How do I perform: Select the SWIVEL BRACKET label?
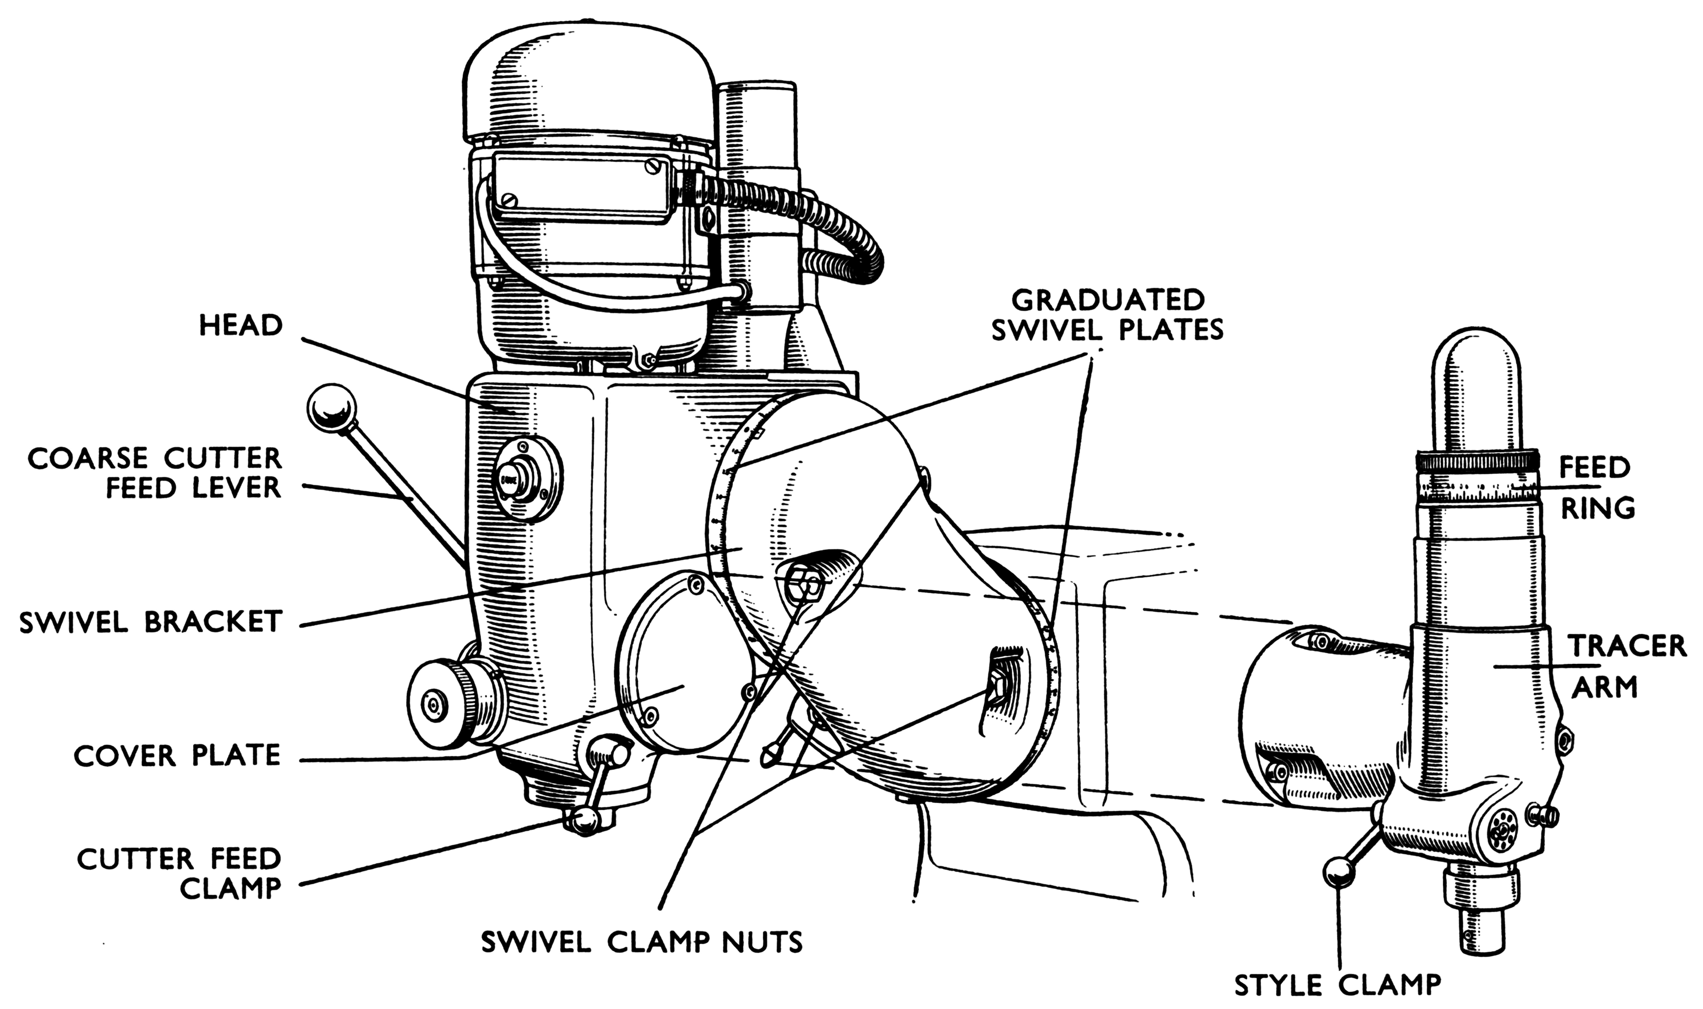(150, 622)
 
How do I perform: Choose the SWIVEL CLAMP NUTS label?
(642, 942)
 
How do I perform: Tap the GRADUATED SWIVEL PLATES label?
(1107, 314)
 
